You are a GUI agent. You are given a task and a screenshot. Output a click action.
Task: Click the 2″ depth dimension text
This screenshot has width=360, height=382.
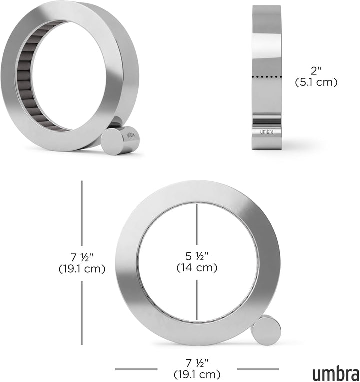click(x=316, y=71)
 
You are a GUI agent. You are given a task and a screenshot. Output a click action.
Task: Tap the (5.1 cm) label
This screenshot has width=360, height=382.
click(x=316, y=82)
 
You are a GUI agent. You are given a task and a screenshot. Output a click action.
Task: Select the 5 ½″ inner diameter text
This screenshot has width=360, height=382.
click(x=197, y=256)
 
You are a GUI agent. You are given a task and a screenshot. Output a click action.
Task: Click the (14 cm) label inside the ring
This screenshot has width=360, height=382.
click(x=197, y=268)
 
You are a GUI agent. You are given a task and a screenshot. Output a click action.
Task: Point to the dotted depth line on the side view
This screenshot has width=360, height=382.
click(x=267, y=77)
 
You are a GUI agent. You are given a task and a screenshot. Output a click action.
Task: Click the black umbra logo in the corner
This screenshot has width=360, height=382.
click(x=336, y=372)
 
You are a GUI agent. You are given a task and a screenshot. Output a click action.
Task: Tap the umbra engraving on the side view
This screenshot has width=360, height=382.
click(x=267, y=132)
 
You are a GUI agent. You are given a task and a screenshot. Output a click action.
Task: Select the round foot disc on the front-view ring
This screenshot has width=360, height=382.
click(x=266, y=330)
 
